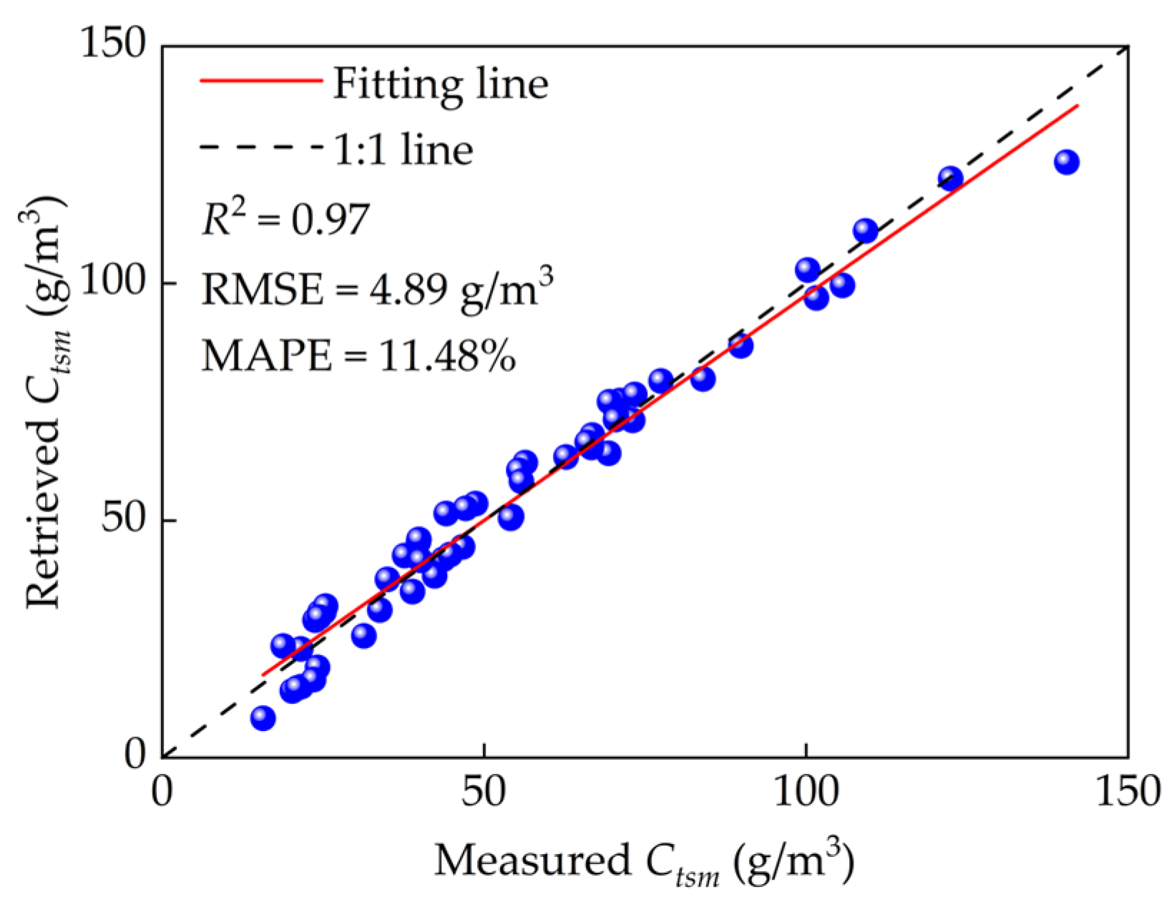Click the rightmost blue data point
(x=1066, y=162)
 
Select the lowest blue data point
(x=263, y=717)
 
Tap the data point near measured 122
(x=950, y=178)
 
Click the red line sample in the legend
(x=260, y=81)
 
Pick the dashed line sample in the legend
(x=260, y=148)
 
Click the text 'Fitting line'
(x=441, y=84)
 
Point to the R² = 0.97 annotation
(x=285, y=219)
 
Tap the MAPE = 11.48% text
(x=358, y=356)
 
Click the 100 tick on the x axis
(x=806, y=793)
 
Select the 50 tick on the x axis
(x=484, y=793)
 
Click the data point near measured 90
(x=740, y=346)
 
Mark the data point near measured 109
(x=865, y=231)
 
